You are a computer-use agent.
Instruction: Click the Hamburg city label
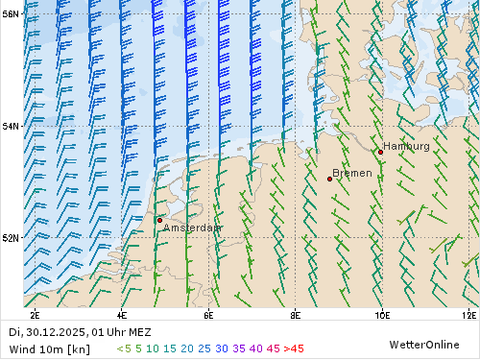tap(406, 146)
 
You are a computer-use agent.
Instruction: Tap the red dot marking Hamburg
tap(380, 152)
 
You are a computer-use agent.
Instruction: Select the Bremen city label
tap(351, 174)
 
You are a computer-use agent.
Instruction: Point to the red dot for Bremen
tap(329, 179)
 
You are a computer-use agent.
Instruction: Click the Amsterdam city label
tap(192, 228)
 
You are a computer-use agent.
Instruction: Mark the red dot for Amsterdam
tap(159, 220)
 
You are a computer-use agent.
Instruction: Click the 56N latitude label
tap(11, 14)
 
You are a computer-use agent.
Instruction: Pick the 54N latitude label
tap(11, 126)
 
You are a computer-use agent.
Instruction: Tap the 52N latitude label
tap(11, 237)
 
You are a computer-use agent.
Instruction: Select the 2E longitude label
tap(35, 314)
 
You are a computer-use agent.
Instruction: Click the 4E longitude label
tap(122, 314)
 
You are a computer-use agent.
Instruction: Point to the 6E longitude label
tap(208, 314)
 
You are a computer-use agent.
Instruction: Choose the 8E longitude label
tap(295, 314)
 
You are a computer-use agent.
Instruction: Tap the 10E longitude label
tap(381, 314)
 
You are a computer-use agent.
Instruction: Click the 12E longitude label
tap(468, 314)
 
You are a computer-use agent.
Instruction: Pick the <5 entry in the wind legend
tap(123, 348)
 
